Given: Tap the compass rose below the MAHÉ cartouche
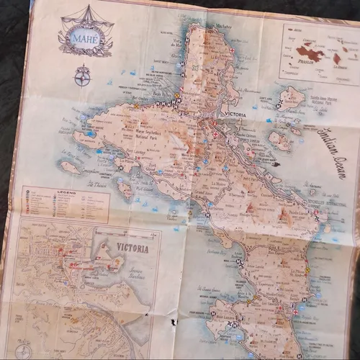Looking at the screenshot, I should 81,75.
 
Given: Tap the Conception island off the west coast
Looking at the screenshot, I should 70,166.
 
